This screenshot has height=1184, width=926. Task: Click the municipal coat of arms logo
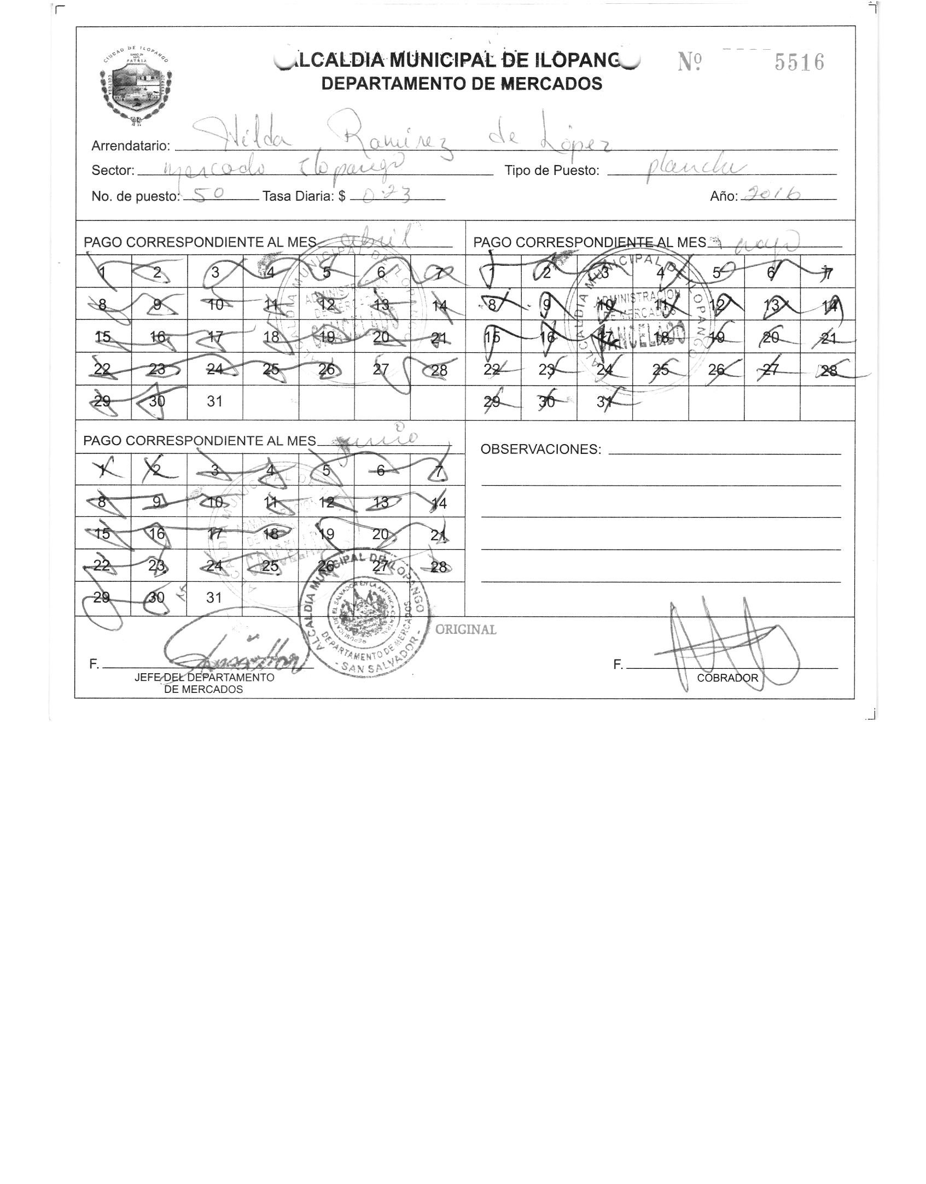tap(137, 84)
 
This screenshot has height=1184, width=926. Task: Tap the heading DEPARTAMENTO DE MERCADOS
tap(462, 84)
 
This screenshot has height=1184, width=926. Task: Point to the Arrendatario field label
tap(131, 146)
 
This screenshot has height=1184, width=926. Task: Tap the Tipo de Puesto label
tap(552, 171)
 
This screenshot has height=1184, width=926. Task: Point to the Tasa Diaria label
tap(304, 196)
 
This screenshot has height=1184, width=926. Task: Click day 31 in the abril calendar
tap(214, 401)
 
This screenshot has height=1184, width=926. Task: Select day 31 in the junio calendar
tap(214, 598)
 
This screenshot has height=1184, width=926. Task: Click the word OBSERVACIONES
tap(540, 450)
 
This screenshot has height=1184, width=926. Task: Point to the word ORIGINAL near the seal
tap(465, 629)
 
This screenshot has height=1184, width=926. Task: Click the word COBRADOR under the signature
tap(727, 678)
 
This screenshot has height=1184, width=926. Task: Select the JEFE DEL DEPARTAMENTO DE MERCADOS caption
tap(204, 683)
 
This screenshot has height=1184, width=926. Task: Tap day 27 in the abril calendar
tap(381, 369)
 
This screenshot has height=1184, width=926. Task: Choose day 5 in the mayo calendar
tap(717, 272)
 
